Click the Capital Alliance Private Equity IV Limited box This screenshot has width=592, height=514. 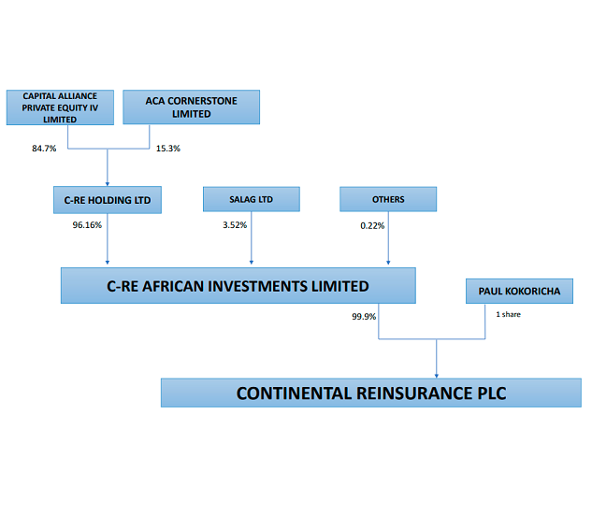[60, 107]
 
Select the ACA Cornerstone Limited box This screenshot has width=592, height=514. [192, 107]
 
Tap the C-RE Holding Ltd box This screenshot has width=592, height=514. [108, 200]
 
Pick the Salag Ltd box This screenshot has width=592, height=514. [252, 199]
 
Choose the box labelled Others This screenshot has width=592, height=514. [388, 199]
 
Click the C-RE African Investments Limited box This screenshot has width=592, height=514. [238, 286]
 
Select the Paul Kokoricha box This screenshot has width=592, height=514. [519, 291]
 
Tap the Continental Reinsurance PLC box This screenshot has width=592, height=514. [371, 393]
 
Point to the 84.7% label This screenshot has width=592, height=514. [44, 149]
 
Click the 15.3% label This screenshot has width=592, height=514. [168, 149]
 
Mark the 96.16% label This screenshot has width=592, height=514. [87, 225]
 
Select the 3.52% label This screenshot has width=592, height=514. [235, 225]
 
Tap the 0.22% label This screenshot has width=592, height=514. [372, 225]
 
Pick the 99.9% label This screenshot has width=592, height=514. [364, 316]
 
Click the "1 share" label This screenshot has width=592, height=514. [508, 314]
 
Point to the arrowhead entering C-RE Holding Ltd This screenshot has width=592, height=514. [108, 184]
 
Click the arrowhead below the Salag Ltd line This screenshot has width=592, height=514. [252, 263]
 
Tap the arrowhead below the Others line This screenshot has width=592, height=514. [388, 263]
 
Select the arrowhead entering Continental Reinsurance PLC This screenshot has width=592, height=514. [437, 376]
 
